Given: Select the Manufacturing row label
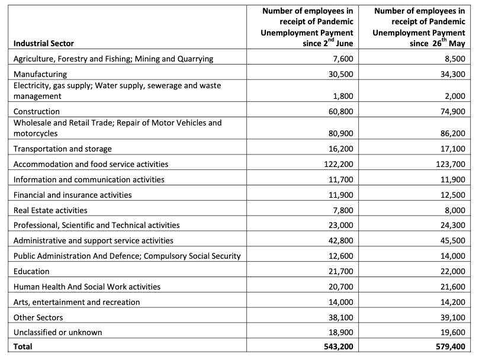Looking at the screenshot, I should (40, 74).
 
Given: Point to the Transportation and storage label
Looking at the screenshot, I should (63, 149).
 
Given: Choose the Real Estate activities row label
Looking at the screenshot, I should (50, 210).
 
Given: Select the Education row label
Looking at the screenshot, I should (31, 271).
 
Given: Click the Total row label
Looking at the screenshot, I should (23, 346).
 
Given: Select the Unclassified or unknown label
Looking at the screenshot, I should (57, 332).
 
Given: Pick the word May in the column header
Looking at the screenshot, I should (457, 44).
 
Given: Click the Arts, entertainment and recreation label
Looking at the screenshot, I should (76, 302).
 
